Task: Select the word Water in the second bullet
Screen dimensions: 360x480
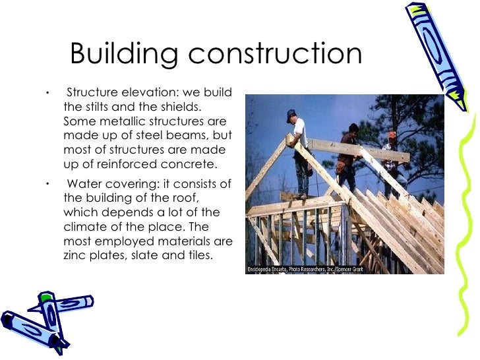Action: click(x=84, y=184)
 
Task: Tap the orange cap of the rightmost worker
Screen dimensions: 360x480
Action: click(x=392, y=134)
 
